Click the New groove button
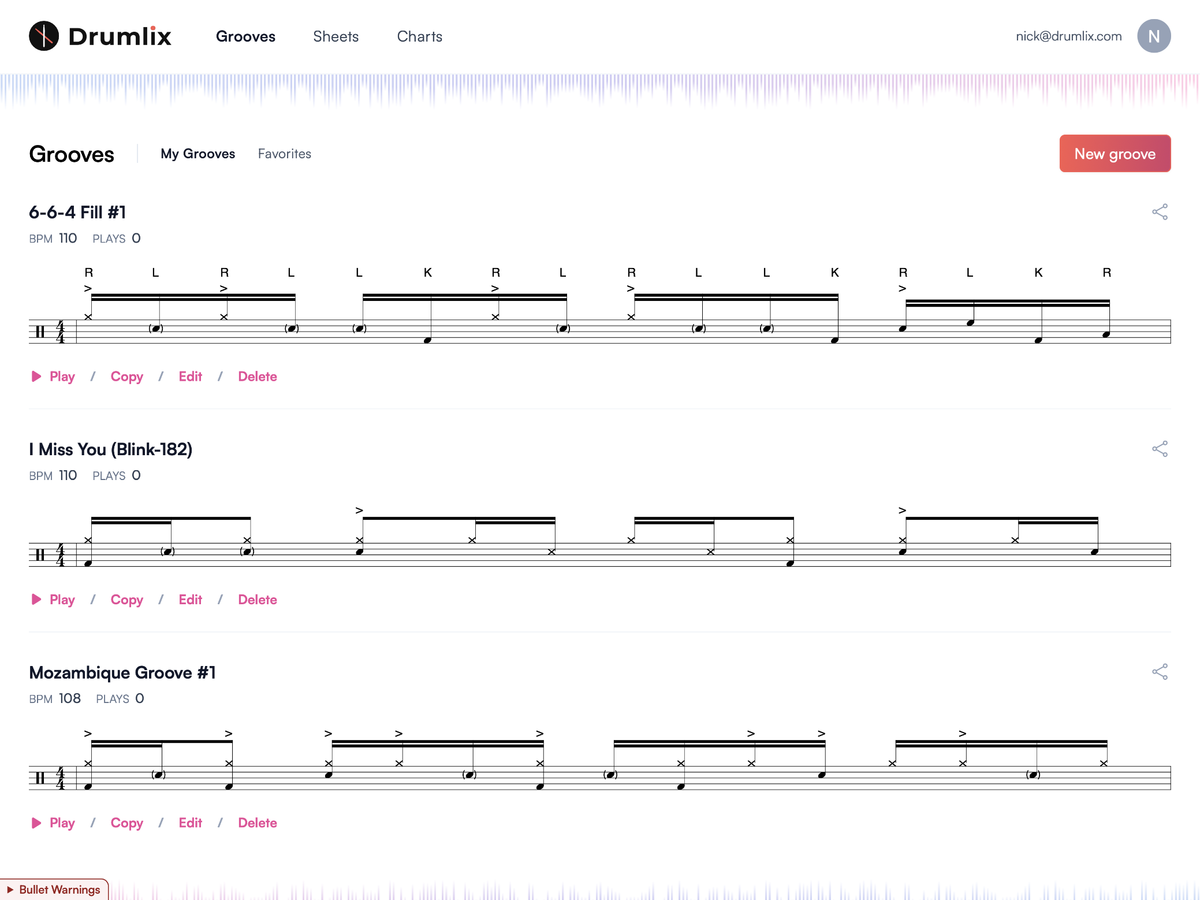(x=1115, y=154)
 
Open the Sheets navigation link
(x=336, y=36)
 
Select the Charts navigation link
(x=419, y=36)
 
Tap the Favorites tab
(x=284, y=154)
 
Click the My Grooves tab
(x=197, y=154)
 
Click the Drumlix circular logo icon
(x=44, y=36)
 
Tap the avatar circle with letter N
(x=1153, y=36)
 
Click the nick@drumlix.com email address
(x=1068, y=36)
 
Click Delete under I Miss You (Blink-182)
(x=257, y=600)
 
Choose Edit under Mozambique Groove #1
(x=190, y=823)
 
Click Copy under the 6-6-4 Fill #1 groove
(x=126, y=377)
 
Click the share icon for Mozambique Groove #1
(x=1160, y=672)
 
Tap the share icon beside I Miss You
(x=1160, y=449)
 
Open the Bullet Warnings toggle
(x=54, y=890)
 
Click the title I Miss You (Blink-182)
(x=110, y=449)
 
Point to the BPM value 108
(x=70, y=698)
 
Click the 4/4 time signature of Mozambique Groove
(x=60, y=778)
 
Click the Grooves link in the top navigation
(x=245, y=36)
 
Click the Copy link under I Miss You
(x=126, y=600)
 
